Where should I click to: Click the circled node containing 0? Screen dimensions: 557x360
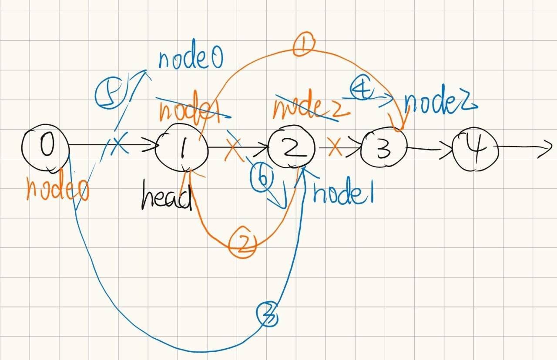pyautogui.click(x=46, y=148)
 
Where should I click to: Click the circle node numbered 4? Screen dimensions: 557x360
pyautogui.click(x=475, y=148)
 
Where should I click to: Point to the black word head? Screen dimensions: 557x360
pyautogui.click(x=166, y=199)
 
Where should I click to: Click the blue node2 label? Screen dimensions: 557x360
pyautogui.click(x=440, y=103)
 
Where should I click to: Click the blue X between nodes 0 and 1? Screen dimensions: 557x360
pyautogui.click(x=118, y=146)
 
